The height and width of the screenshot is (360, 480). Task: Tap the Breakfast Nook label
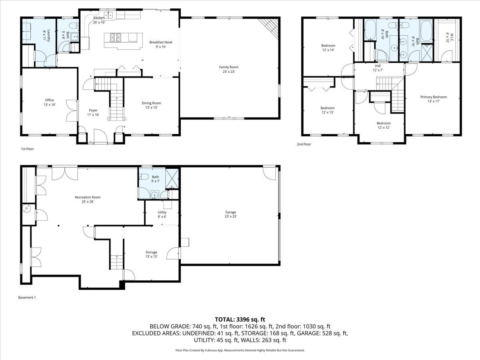(x=158, y=42)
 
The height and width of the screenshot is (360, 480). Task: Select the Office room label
(x=49, y=100)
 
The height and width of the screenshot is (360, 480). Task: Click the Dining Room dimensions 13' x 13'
(x=151, y=108)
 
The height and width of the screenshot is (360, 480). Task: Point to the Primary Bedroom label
(x=433, y=97)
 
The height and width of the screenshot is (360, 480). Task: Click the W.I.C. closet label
(x=447, y=38)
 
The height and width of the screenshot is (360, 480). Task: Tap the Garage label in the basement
(x=230, y=212)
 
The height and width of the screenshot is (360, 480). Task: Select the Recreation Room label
(x=88, y=197)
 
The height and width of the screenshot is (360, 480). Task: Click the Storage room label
(x=151, y=252)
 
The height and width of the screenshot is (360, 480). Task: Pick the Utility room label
(x=162, y=212)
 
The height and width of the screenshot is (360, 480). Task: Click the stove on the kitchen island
(x=116, y=38)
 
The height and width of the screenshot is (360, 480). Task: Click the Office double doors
(x=72, y=110)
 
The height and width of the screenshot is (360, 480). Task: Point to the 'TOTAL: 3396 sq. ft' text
(x=240, y=319)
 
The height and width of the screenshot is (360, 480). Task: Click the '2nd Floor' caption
(x=304, y=144)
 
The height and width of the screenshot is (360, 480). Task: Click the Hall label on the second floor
(x=378, y=66)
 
